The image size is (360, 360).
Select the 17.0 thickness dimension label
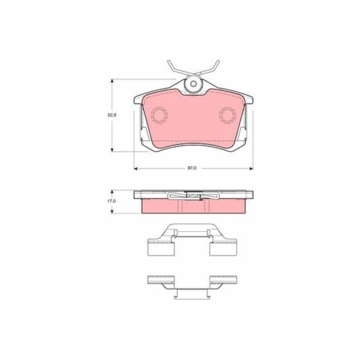coord(111,202)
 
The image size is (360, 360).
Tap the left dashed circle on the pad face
coord(156,114)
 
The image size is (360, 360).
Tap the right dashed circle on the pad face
coord(228,114)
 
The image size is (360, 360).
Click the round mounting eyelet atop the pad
coord(192,85)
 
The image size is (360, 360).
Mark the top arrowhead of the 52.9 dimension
coord(112,81)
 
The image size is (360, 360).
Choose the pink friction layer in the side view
coord(192,207)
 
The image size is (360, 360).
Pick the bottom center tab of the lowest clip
coord(192,293)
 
